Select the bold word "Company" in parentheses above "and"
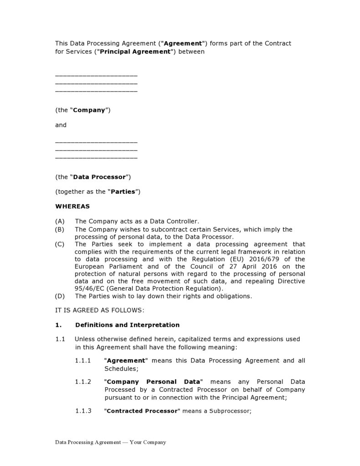(x=89, y=110)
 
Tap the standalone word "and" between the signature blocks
(x=61, y=125)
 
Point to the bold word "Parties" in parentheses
(x=124, y=192)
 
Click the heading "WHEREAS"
(x=72, y=206)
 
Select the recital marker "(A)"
(x=60, y=221)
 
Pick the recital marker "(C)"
(x=60, y=244)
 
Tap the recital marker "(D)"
(x=60, y=296)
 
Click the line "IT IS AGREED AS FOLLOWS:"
(x=99, y=311)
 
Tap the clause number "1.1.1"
(x=83, y=361)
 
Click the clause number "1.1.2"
(x=83, y=381)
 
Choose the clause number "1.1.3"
(x=83, y=411)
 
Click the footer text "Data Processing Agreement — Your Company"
(x=110, y=442)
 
